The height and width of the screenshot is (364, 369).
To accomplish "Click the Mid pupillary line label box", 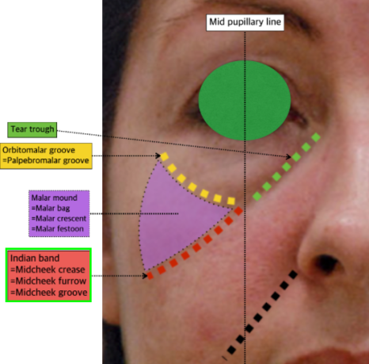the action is coord(245,22).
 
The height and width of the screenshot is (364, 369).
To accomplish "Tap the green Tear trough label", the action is coord(32,129).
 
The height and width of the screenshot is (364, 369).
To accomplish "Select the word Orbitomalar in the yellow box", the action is coord(21,150).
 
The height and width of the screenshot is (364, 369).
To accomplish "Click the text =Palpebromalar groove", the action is coord(46,160).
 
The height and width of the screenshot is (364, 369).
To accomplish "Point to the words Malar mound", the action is coord(54,197).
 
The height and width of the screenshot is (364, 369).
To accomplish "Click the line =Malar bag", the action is coord(51,209).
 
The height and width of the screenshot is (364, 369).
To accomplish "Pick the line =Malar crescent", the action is coord(59,219).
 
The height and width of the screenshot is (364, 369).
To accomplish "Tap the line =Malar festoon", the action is coord(57,228).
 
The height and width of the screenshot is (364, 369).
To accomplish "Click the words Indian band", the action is coord(35,258).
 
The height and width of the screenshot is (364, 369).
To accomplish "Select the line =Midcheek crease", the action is coord(48,270).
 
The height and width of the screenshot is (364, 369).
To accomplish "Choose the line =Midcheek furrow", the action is coord(48,281).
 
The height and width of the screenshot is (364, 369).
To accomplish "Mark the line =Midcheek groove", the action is coord(49,293).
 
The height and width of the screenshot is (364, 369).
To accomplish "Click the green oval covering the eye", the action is coord(245,101).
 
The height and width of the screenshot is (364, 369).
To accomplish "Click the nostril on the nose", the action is coord(327,263).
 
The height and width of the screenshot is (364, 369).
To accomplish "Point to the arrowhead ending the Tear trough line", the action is coord(288,156).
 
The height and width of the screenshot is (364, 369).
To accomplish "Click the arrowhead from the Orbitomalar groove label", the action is coord(158,155).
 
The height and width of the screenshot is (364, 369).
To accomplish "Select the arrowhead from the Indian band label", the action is coord(145,276).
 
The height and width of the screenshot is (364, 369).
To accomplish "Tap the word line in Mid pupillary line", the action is coord(274,21).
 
